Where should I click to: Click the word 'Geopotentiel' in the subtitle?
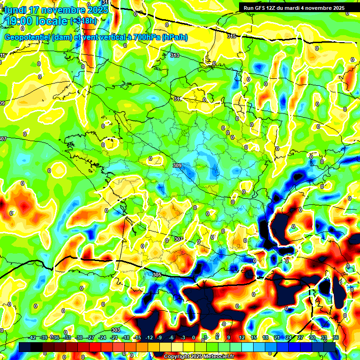pos(27,37)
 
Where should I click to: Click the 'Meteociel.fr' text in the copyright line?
pos(216,357)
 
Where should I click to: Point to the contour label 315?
pos(231,36)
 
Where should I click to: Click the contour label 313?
pos(174,55)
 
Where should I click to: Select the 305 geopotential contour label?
pos(157,275)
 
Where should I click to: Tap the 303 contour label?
pos(115,330)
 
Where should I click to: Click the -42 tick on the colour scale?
pos(32,338)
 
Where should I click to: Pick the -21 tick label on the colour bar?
pos(114,338)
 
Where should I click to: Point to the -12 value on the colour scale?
pos(149,338)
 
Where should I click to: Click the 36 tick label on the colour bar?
pos(336,338)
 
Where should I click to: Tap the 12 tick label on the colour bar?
pos(242,338)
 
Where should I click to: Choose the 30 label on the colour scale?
pos(313,338)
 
